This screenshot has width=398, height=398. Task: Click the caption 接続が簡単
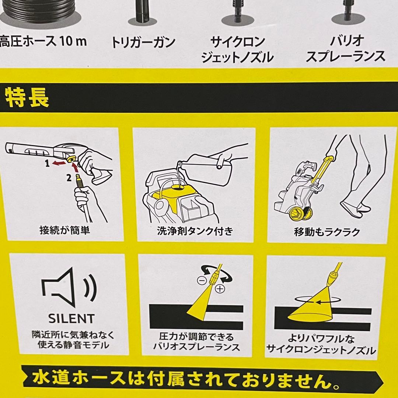pos(65,231)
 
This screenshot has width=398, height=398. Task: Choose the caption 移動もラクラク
pos(327,232)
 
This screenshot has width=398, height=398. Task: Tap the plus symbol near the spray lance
pos(220,289)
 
